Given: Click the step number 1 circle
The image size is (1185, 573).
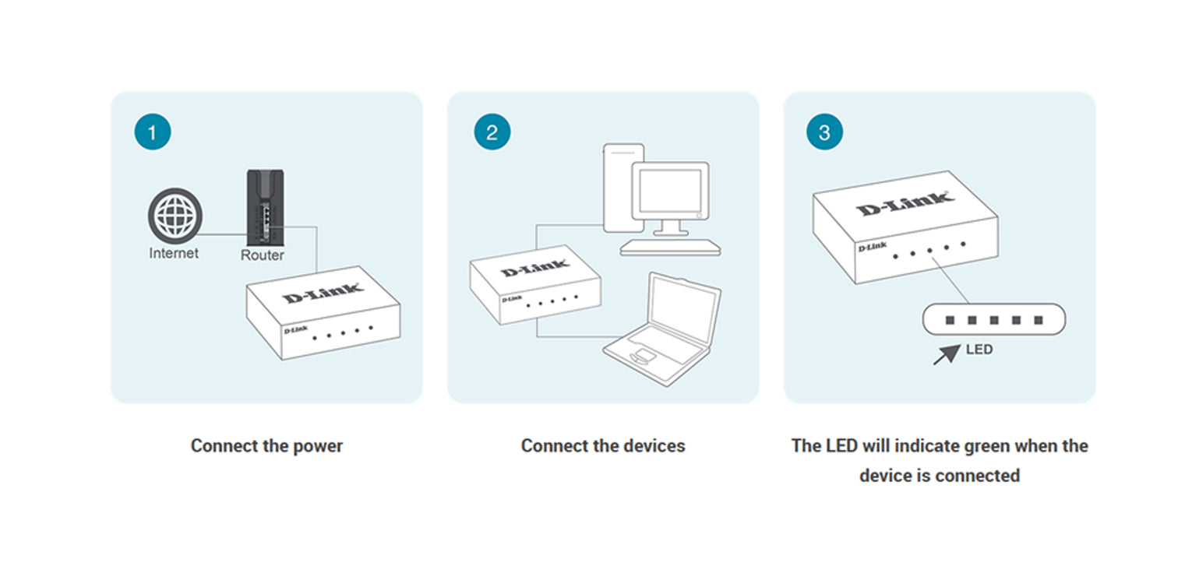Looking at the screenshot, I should [152, 132].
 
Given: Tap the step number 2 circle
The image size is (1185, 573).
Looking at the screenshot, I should [492, 132].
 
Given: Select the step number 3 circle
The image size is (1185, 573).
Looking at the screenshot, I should [824, 132].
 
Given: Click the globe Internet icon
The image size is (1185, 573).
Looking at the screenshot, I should [175, 215].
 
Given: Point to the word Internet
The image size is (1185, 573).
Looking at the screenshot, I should [174, 253].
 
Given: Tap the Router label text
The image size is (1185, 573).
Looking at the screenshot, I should [263, 255].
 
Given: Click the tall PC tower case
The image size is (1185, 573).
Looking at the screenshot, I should [623, 187].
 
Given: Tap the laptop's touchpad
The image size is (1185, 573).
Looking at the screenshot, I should [643, 357].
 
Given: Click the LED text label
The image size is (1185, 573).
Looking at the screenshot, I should [979, 350].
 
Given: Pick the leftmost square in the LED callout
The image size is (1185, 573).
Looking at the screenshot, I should [950, 320].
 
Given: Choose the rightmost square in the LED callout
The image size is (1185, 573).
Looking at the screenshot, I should [1038, 320].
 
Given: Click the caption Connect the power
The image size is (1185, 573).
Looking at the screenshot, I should [266, 446].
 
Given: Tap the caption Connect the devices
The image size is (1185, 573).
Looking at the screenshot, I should [603, 446].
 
